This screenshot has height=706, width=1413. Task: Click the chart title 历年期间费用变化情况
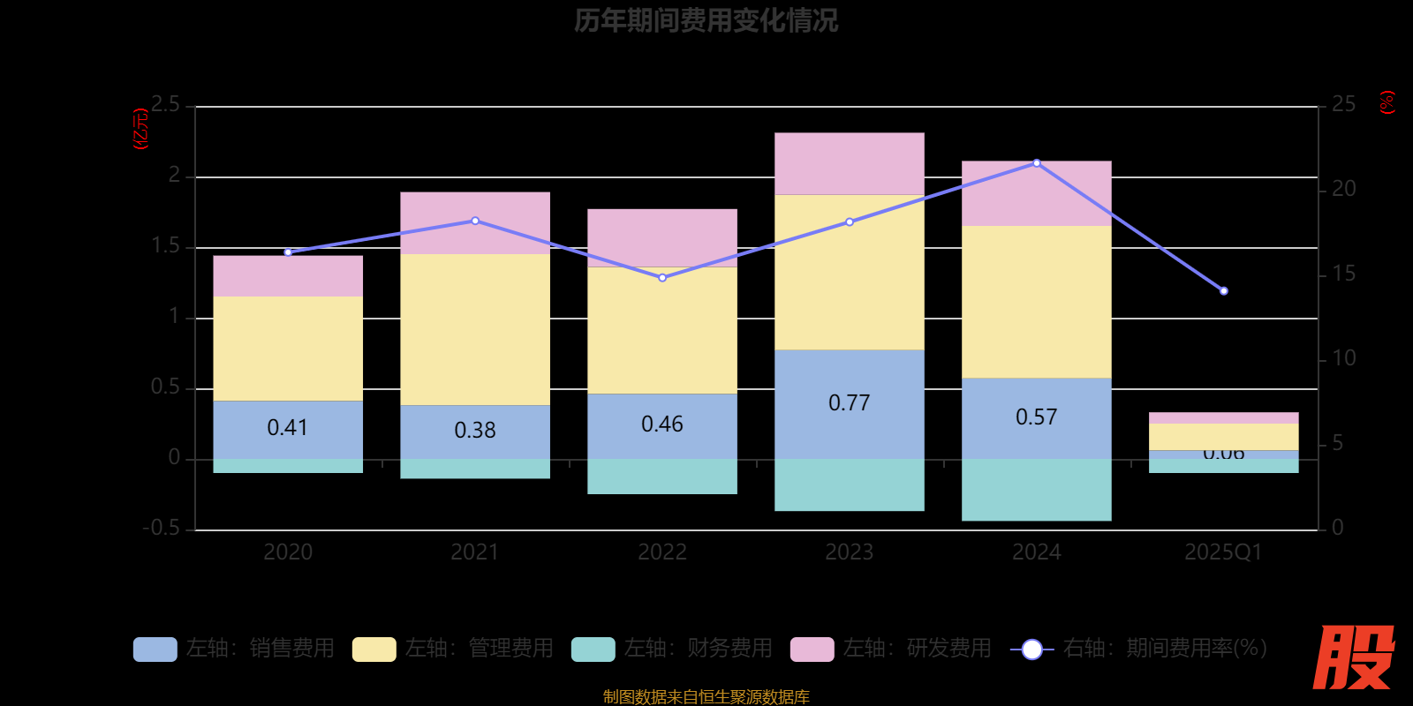pyautogui.click(x=706, y=20)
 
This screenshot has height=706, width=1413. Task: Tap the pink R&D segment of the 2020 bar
pyautogui.click(x=288, y=276)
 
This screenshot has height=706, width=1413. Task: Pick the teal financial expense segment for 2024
pyautogui.click(x=1036, y=490)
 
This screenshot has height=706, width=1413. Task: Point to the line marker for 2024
pyautogui.click(x=1036, y=163)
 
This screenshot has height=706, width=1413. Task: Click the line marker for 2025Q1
pyautogui.click(x=1223, y=291)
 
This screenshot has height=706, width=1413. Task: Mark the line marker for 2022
pyautogui.click(x=662, y=278)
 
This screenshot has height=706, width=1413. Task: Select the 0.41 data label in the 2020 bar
pyautogui.click(x=288, y=428)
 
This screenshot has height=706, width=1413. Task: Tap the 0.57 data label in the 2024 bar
pyautogui.click(x=1036, y=417)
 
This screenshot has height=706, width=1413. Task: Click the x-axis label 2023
pyautogui.click(x=849, y=552)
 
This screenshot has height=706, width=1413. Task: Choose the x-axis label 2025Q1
pyautogui.click(x=1223, y=552)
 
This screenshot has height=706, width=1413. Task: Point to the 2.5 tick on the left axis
pyautogui.click(x=165, y=105)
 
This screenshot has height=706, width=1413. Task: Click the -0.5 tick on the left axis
pyautogui.click(x=162, y=528)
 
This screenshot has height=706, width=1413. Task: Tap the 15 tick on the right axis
pyautogui.click(x=1343, y=274)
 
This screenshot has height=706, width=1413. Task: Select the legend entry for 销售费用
pyautogui.click(x=234, y=649)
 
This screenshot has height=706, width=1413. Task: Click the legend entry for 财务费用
pyautogui.click(x=672, y=649)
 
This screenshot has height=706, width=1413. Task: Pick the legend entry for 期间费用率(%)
pyautogui.click(x=1139, y=649)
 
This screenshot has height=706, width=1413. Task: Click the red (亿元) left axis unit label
pyautogui.click(x=140, y=130)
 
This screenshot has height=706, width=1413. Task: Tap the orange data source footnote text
pyautogui.click(x=706, y=697)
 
